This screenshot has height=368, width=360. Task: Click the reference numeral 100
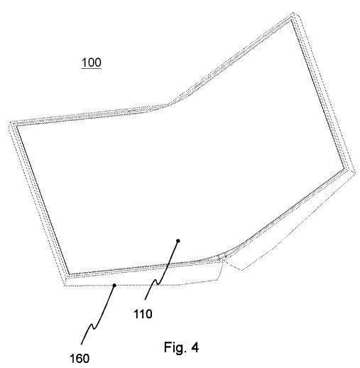point(92,63)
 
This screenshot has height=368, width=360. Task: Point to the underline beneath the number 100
point(92,69)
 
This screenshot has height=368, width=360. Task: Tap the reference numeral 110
point(143,314)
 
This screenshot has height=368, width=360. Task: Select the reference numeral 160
point(80,358)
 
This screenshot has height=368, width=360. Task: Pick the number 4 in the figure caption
point(195,347)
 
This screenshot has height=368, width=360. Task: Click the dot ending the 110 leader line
point(178,241)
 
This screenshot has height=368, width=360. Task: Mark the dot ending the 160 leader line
point(114,286)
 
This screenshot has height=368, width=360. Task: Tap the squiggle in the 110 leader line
point(157,281)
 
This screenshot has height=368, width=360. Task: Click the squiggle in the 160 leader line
point(93,326)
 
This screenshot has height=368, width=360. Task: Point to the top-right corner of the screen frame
point(293,13)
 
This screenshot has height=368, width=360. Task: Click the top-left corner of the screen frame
point(11,123)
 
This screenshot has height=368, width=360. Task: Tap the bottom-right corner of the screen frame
point(354,172)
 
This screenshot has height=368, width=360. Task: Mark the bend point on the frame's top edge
point(168,104)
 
